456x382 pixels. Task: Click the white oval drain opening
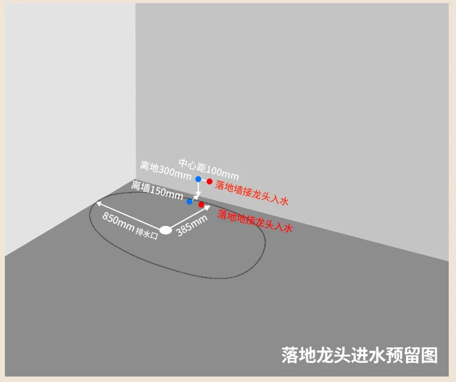(x=165, y=231)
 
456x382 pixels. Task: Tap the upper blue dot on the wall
(x=198, y=179)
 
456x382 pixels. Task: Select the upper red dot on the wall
(x=209, y=181)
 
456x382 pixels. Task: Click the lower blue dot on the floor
(x=190, y=201)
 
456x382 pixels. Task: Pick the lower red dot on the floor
(x=201, y=204)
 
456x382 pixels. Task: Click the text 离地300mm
(x=165, y=169)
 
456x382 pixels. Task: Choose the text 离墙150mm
(x=157, y=190)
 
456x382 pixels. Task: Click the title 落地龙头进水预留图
(x=360, y=355)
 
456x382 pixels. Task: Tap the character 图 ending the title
(x=430, y=355)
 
